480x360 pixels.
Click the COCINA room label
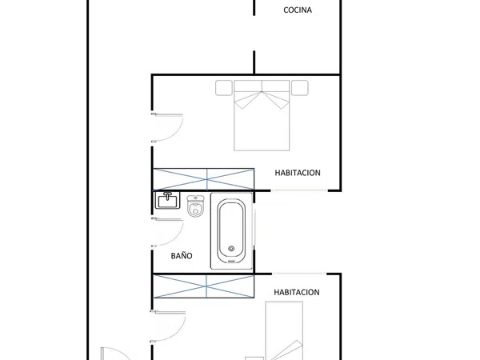coord(298,10)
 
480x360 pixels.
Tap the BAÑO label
coord(182,256)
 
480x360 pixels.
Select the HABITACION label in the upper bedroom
coord(298,173)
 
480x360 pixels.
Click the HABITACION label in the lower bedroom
coord(297,292)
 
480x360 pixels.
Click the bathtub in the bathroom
coord(231,231)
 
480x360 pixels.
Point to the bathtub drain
coord(231,249)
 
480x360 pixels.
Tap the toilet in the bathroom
coord(195,206)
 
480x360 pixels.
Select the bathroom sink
coord(167,200)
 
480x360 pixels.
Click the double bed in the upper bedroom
coord(262,115)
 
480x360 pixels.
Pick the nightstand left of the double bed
coord(224,88)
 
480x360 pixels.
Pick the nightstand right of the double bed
coord(300,88)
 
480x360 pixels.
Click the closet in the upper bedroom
coord(203,179)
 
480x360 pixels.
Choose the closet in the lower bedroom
coord(203,286)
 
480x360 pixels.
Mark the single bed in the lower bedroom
coord(284,330)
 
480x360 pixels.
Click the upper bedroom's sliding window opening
coord(299,190)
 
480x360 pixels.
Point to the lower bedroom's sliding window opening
coord(299,274)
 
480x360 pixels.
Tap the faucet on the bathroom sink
coord(167,196)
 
